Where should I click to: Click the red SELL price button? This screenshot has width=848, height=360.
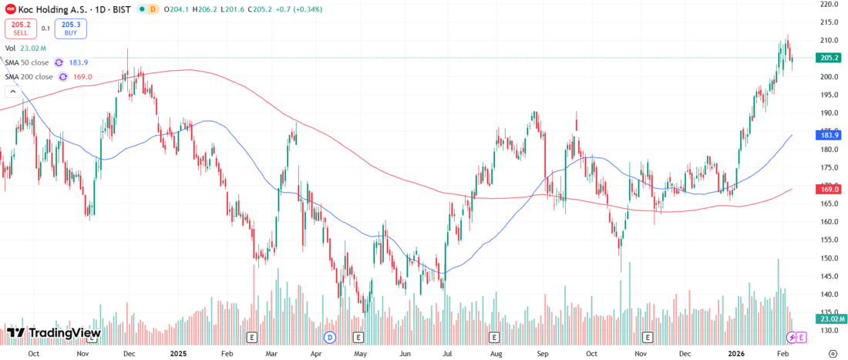pyautogui.click(x=20, y=29)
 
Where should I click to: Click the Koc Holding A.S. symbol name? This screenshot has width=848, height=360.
pyautogui.click(x=47, y=9)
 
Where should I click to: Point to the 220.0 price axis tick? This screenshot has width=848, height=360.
pyautogui.click(x=830, y=5)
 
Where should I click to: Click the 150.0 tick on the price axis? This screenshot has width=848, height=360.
pyautogui.click(x=830, y=258)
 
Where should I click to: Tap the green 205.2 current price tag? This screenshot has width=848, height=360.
pyautogui.click(x=829, y=58)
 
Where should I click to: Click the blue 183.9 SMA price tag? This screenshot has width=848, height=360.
pyautogui.click(x=829, y=135)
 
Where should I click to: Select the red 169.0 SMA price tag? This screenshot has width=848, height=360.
pyautogui.click(x=829, y=189)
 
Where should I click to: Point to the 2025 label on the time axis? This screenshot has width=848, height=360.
pyautogui.click(x=178, y=353)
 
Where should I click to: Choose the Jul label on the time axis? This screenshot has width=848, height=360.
pyautogui.click(x=447, y=353)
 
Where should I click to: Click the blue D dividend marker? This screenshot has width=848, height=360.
pyautogui.click(x=330, y=338)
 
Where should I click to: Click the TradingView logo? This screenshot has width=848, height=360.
pyautogui.click(x=54, y=333)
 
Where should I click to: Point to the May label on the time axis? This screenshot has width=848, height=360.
pyautogui.click(x=360, y=353)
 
